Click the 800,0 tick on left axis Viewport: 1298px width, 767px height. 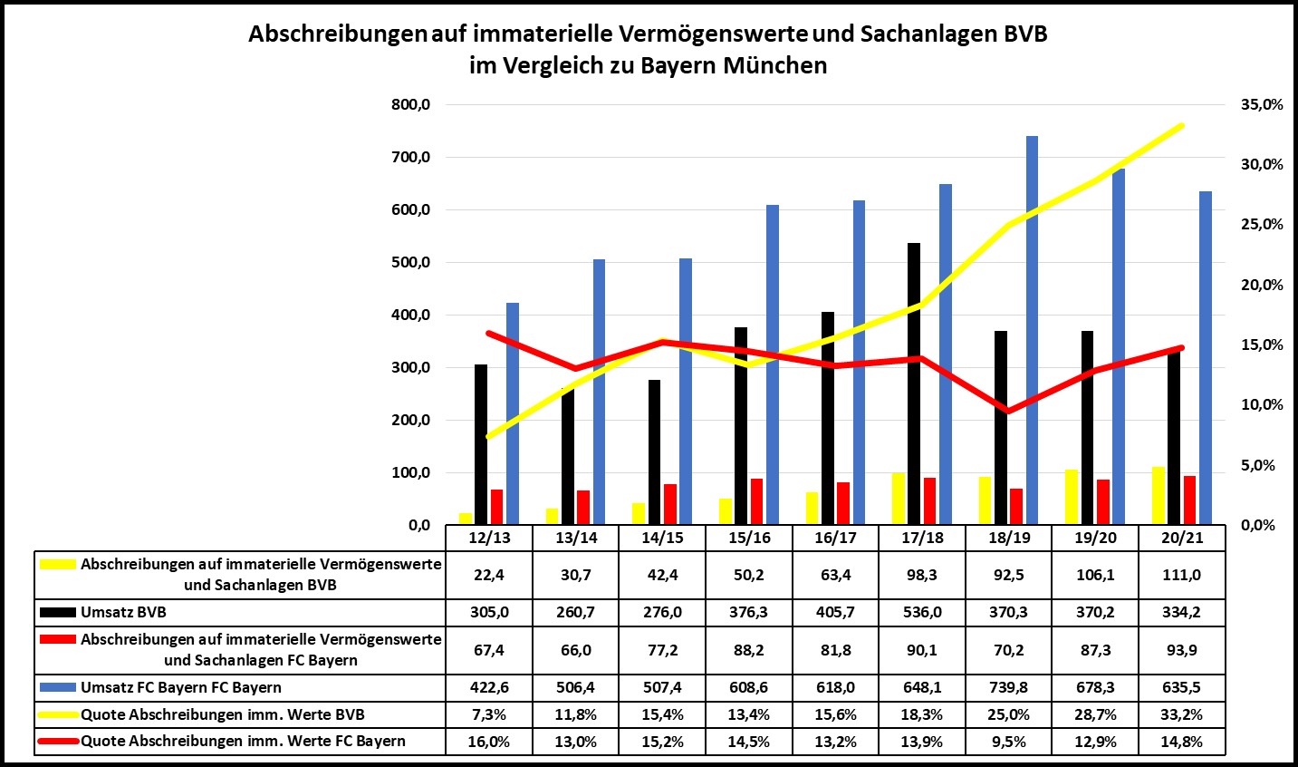click(x=411, y=105)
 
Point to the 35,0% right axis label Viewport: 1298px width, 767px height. click(x=1261, y=105)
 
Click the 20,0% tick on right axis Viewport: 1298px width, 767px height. click(x=1261, y=286)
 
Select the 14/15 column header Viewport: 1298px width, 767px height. click(x=662, y=538)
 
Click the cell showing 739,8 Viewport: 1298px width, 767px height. click(x=1008, y=687)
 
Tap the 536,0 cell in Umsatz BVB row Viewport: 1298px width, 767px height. click(x=922, y=612)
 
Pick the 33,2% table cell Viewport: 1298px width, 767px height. click(x=1181, y=714)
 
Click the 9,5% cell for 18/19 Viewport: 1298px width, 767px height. click(x=1008, y=742)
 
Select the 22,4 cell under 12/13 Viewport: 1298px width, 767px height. click(x=489, y=575)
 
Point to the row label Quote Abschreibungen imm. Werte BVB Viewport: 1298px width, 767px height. click(x=222, y=714)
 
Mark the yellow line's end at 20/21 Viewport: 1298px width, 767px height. click(x=1182, y=125)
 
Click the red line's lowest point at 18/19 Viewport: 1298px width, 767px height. click(x=1008, y=411)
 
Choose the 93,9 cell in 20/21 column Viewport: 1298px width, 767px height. click(x=1181, y=650)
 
